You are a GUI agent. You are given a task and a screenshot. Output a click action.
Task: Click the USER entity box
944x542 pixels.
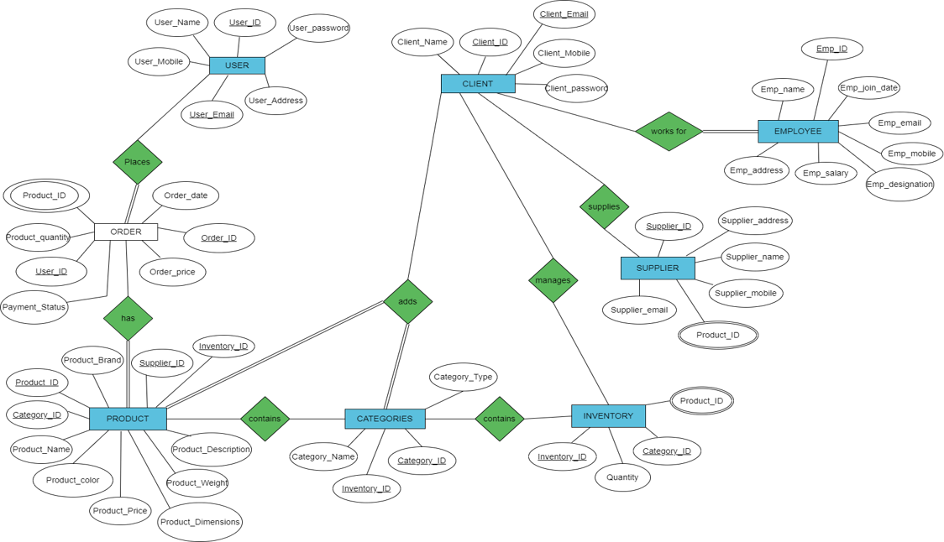[x=237, y=65]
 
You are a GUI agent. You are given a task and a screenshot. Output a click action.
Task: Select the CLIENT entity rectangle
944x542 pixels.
[x=478, y=84]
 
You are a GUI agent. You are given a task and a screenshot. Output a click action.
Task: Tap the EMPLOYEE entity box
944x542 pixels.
[x=798, y=132]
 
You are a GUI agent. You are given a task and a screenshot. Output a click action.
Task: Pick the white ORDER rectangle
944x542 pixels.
[x=126, y=232]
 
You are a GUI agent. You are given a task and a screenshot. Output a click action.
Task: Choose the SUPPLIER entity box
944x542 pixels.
[x=658, y=268]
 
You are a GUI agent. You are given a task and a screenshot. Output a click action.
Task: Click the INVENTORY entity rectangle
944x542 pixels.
[x=608, y=416]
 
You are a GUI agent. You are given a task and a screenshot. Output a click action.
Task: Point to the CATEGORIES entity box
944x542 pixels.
[x=385, y=419]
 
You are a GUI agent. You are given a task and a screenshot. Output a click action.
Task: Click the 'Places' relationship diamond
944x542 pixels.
[x=137, y=162]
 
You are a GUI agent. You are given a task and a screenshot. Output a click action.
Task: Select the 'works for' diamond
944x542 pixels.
[x=669, y=132]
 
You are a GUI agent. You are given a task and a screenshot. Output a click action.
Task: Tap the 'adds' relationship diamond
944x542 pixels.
[x=407, y=301]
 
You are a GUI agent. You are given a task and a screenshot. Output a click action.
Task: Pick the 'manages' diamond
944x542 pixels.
[x=553, y=280]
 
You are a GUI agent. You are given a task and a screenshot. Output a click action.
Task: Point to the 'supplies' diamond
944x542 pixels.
[x=604, y=206]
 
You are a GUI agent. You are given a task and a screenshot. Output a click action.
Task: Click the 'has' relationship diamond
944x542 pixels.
[x=128, y=318]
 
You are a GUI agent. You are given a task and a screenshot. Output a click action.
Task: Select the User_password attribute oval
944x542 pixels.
[x=318, y=28]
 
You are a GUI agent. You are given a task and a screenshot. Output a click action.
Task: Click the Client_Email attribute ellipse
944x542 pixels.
[x=564, y=14]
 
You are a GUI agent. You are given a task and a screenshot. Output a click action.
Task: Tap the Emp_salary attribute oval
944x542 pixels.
[x=826, y=174]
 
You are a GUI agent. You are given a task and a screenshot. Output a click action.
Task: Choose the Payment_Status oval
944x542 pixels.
[x=34, y=307]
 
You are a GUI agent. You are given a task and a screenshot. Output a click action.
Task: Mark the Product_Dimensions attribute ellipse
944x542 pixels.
[x=200, y=522]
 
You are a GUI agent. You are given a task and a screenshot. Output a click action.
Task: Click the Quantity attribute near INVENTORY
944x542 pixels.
[x=622, y=477]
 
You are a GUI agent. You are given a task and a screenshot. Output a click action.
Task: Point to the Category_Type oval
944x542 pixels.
[x=463, y=377]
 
